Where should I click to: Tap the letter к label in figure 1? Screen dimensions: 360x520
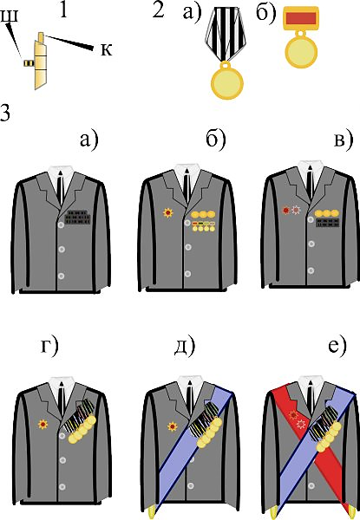[x=106, y=49]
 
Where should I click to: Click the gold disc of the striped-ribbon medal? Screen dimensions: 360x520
[x=227, y=82]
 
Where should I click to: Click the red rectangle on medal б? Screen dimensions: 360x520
[x=301, y=18]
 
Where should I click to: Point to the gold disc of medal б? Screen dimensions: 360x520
[x=301, y=52]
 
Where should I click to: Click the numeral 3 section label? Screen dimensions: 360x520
[x=4, y=114]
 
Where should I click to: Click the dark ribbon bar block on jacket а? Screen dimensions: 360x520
[x=77, y=217]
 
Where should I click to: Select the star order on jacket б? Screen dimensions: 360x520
[x=168, y=212]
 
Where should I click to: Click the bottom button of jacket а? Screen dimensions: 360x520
[x=61, y=276]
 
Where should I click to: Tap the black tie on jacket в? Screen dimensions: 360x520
[x=310, y=183]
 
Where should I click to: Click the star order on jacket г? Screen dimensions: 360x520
[x=43, y=424]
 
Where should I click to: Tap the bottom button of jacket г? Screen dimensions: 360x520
[x=62, y=487]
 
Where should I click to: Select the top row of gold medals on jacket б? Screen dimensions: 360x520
[x=203, y=215]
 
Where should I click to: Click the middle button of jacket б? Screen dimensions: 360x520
[x=187, y=247]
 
